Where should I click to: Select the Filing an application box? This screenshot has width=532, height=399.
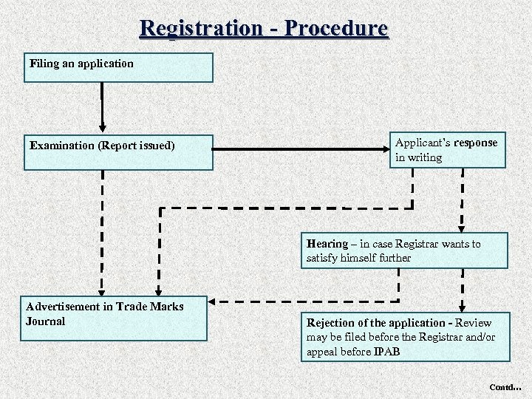click(x=118, y=67)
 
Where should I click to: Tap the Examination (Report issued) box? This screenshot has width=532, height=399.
click(x=118, y=153)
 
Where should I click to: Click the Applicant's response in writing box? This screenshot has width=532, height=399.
click(x=448, y=150)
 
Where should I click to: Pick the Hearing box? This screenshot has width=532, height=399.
click(x=404, y=251)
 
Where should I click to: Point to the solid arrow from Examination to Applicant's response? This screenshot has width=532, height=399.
click(x=299, y=150)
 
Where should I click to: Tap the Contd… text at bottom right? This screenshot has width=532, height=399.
click(x=505, y=387)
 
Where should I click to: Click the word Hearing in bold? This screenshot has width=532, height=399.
click(x=327, y=244)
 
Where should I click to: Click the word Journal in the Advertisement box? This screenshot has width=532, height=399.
click(x=46, y=321)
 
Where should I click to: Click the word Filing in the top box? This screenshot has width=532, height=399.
click(x=44, y=64)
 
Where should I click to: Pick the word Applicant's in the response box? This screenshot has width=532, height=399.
click(x=423, y=143)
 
